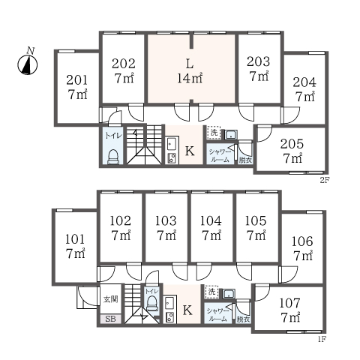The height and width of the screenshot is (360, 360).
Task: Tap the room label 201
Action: pos(77,80)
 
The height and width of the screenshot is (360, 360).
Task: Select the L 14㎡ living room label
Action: pos(190,72)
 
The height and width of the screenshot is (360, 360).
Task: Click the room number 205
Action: pos(292,144)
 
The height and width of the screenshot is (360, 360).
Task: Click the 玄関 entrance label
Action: pos(111,299)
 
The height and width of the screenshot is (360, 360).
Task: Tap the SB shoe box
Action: pos(110,319)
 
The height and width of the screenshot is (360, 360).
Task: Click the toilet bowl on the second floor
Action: pos(113,157)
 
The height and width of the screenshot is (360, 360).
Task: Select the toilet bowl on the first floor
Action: pos(151,303)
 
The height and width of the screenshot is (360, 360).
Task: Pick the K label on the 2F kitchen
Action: pos(190,151)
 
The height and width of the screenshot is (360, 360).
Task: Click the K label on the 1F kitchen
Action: pos(187,310)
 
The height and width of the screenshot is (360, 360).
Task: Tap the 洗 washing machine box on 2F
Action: pos(214,133)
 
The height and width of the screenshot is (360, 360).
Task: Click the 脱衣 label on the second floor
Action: pos(245,160)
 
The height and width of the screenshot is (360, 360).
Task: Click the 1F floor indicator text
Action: pos(322,339)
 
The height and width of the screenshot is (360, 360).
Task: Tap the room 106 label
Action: pos(302,248)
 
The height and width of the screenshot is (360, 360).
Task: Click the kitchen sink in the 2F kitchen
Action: pos(172,144)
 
